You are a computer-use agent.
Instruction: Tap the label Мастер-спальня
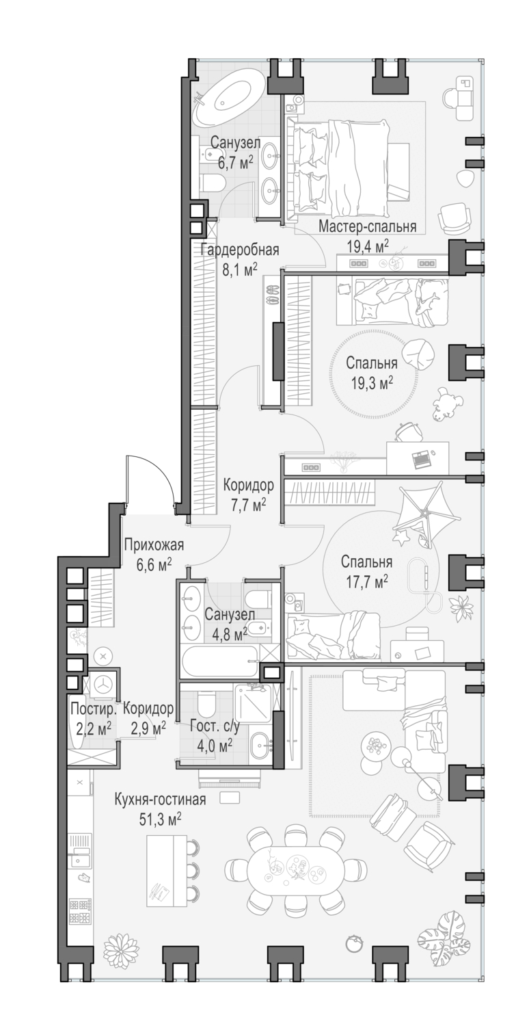[x=368, y=227]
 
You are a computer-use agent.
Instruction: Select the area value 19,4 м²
[x=368, y=244]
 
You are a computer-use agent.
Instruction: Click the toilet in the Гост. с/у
[x=206, y=704]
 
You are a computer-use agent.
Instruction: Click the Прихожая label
[x=154, y=544]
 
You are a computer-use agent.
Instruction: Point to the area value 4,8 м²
[x=226, y=634]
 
